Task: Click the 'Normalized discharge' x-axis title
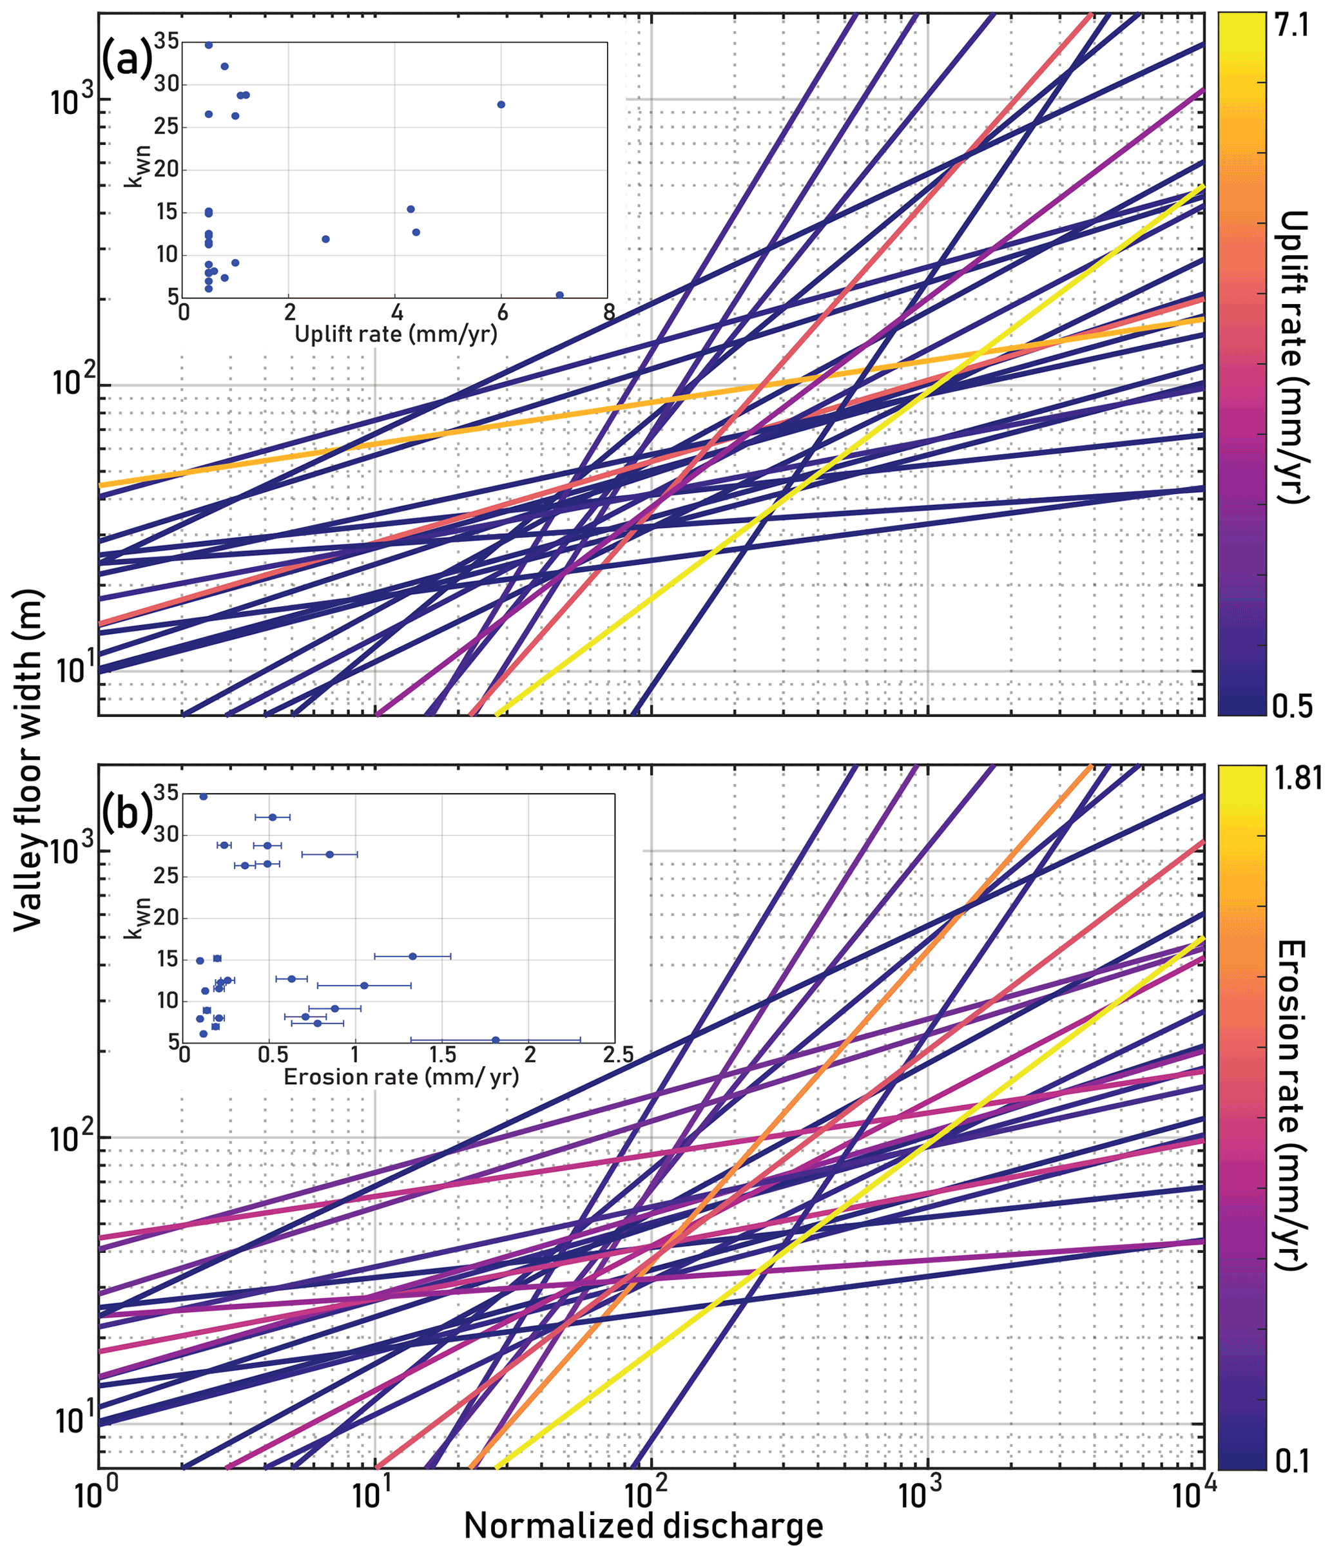[644, 1526]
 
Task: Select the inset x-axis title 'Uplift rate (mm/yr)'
[396, 334]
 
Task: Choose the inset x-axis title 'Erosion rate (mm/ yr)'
[401, 1077]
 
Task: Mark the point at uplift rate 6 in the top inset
[501, 104]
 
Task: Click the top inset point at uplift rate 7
[559, 295]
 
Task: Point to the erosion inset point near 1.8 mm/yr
[496, 1040]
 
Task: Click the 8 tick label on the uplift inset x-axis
[609, 312]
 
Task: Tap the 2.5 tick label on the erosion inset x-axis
[618, 1056]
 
